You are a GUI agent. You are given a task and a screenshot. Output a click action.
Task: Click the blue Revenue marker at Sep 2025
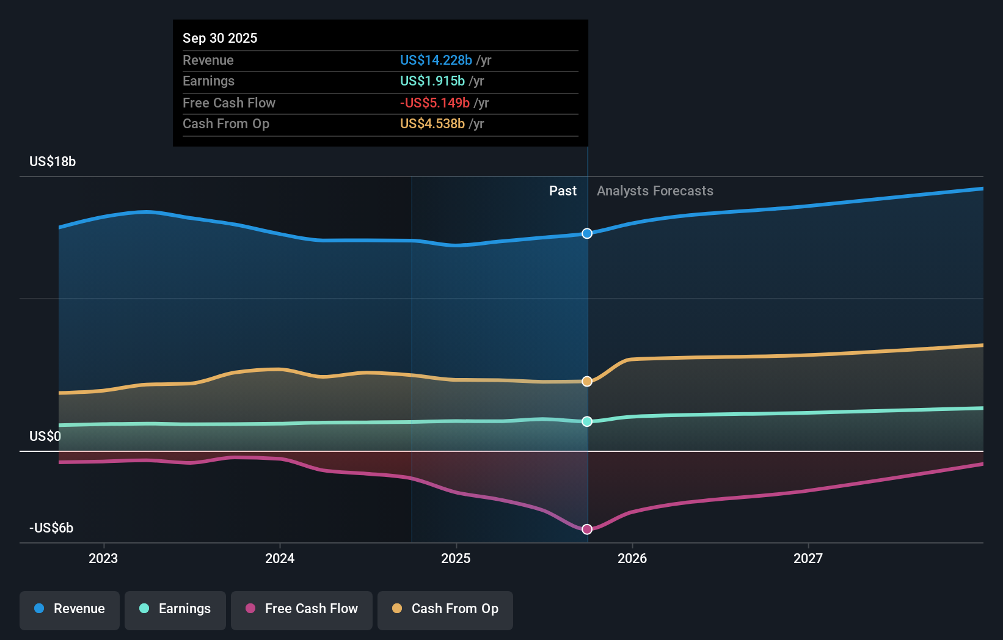click(x=587, y=233)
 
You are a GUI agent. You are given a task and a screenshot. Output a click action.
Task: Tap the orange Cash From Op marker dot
click(x=587, y=381)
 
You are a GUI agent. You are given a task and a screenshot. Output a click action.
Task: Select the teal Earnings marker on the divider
click(x=587, y=421)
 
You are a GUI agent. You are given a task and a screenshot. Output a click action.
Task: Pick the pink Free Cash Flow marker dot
click(x=587, y=529)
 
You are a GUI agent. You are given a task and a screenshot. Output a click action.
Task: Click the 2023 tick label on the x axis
click(x=103, y=558)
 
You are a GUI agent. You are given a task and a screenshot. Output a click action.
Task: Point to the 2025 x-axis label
click(x=456, y=558)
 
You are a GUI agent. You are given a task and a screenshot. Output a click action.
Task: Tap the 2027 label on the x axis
click(x=808, y=558)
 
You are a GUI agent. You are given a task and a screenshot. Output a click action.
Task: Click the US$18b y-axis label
click(x=53, y=161)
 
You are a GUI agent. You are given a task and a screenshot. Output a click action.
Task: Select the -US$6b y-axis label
click(x=51, y=528)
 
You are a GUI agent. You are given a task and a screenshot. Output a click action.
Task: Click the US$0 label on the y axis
click(x=45, y=436)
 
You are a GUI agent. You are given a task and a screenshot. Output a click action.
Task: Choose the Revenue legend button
click(x=70, y=609)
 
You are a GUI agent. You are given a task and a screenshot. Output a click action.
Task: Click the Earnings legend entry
click(x=175, y=609)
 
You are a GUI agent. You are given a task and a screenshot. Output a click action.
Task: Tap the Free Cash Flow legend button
click(x=302, y=609)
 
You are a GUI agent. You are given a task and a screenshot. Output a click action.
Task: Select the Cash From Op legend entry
click(x=445, y=609)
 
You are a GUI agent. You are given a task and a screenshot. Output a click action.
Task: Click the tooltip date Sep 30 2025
click(x=220, y=38)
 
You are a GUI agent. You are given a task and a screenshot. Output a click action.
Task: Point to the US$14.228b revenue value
click(x=436, y=60)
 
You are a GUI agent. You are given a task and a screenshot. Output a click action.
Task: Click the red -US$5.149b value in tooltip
click(x=434, y=103)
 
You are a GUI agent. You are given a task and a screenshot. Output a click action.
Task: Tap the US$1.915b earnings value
click(x=432, y=81)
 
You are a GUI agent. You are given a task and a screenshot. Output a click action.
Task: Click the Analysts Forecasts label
click(x=655, y=191)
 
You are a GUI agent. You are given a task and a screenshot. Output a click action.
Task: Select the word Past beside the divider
click(x=563, y=191)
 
